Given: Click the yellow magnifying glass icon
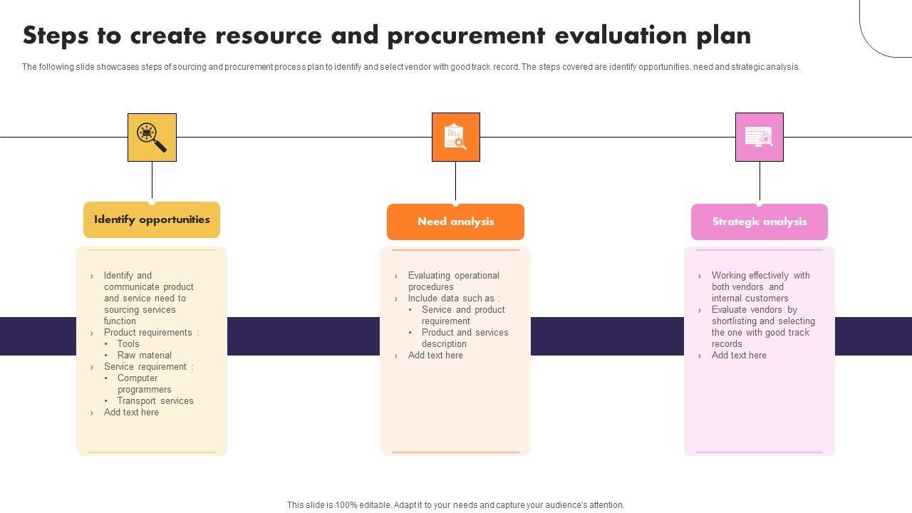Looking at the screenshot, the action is pyautogui.click(x=152, y=138).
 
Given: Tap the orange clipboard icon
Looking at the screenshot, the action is pyautogui.click(x=455, y=138).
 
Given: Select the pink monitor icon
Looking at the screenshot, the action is pyautogui.click(x=759, y=138).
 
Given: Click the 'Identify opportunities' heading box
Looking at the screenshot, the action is pyautogui.click(x=152, y=219).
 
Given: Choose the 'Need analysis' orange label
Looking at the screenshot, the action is pyautogui.click(x=455, y=222).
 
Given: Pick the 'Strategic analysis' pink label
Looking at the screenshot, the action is pyautogui.click(x=760, y=222).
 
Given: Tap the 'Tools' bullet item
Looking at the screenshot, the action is pyautogui.click(x=128, y=343).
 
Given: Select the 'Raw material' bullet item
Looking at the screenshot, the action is pyautogui.click(x=144, y=355).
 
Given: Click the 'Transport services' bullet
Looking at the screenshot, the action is pyautogui.click(x=155, y=400).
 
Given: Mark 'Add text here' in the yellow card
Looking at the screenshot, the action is pyautogui.click(x=131, y=412).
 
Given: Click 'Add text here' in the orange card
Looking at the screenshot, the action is pyautogui.click(x=435, y=355).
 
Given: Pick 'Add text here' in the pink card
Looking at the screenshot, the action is pyautogui.click(x=739, y=355).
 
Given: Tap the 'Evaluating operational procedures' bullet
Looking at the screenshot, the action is pyautogui.click(x=453, y=281).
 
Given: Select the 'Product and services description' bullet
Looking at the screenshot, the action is pyautogui.click(x=465, y=338).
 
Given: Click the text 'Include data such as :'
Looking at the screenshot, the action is pyautogui.click(x=453, y=298).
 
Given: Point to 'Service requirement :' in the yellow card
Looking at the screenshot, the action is pyautogui.click(x=148, y=366).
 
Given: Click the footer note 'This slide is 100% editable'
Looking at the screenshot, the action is pyautogui.click(x=455, y=504).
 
